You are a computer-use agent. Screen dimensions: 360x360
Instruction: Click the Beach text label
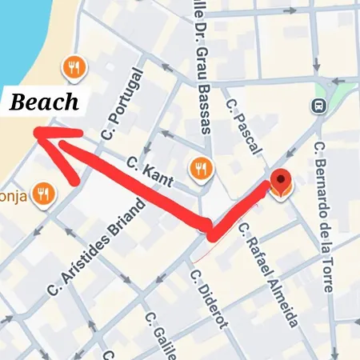pyautogui.click(x=44, y=102)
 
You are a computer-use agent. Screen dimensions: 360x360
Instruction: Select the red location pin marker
pyautogui.click(x=280, y=182)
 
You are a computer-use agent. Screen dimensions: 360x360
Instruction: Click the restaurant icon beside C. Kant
pyautogui.click(x=200, y=168)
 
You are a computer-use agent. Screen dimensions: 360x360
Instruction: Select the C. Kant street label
pyautogui.click(x=146, y=170)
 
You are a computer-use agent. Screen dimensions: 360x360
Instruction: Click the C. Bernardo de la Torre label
pyautogui.click(x=324, y=216)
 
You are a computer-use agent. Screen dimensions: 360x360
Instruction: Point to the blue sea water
pyautogui.click(x=24, y=40)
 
